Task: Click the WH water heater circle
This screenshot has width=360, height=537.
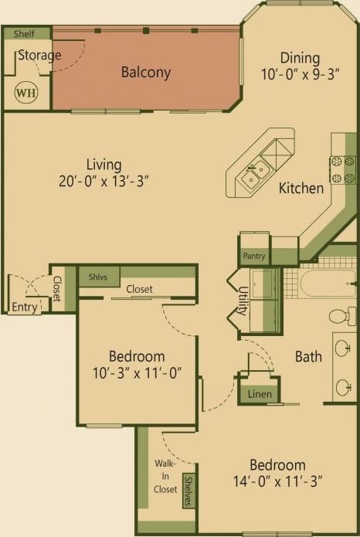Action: click(x=25, y=93)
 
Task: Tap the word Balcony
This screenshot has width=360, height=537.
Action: click(x=145, y=73)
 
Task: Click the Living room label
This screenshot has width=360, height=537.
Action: click(x=104, y=165)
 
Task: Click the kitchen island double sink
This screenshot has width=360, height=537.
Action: click(x=251, y=179)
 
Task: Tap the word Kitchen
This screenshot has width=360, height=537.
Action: click(x=301, y=188)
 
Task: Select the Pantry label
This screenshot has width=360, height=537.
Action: click(x=254, y=256)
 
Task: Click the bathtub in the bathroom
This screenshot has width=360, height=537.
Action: click(x=328, y=283)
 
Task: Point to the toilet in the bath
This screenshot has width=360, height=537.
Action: click(x=339, y=316)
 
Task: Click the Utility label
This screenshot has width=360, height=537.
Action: click(x=243, y=301)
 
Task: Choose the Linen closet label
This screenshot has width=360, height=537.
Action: click(x=260, y=394)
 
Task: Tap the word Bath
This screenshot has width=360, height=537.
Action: click(x=308, y=356)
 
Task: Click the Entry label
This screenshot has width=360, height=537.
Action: click(x=24, y=307)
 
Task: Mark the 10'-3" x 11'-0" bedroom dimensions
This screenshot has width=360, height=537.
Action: click(x=136, y=373)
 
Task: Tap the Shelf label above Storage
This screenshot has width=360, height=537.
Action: click(x=24, y=34)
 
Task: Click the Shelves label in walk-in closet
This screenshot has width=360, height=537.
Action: click(x=188, y=491)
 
